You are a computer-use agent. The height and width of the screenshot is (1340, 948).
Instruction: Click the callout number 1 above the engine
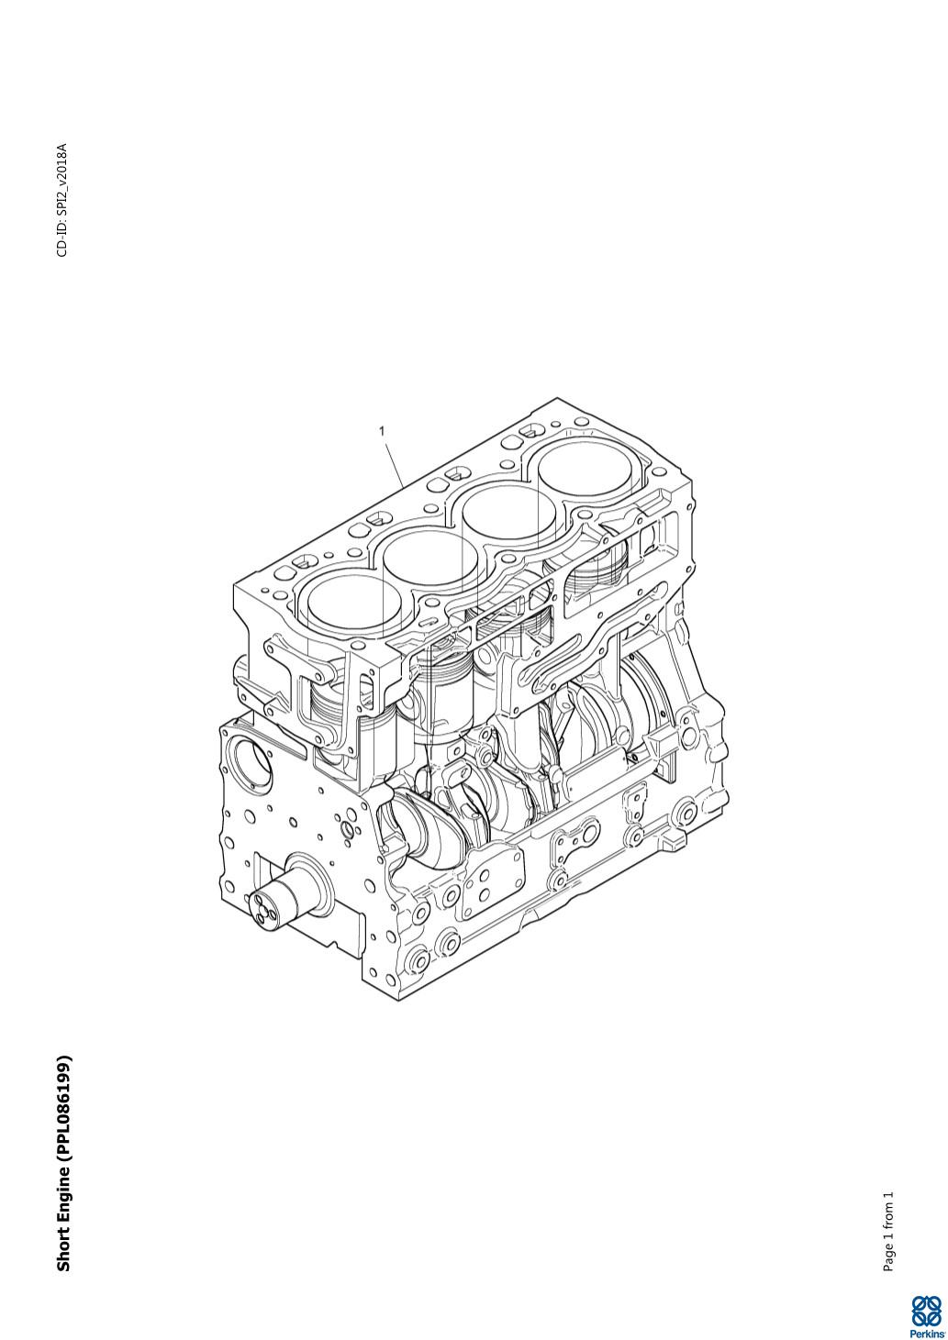coord(382,430)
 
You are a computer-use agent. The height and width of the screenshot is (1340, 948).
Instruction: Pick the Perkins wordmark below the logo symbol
coord(926,1333)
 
